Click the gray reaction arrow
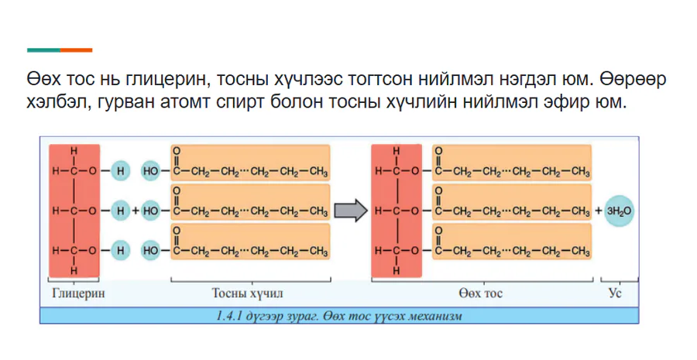[351, 211]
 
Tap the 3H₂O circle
[619, 211]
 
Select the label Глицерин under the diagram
[78, 293]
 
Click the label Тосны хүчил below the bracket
[247, 293]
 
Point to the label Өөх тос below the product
[481, 293]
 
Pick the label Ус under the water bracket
[615, 293]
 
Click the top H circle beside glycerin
[120, 171]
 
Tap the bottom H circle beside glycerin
[120, 251]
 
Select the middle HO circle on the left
[151, 211]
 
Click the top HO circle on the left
[151, 171]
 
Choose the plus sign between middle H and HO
[135, 211]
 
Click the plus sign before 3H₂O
[599, 211]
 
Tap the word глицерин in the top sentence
[164, 80]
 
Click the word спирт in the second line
[241, 103]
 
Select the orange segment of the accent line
[77, 50]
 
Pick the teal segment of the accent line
[43, 50]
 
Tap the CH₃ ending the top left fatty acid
[318, 172]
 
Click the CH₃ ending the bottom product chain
[581, 252]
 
